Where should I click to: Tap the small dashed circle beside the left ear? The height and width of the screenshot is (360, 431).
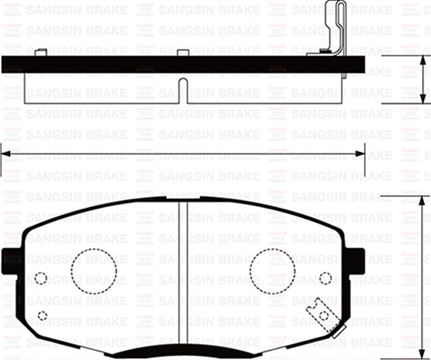pyautogui.click(x=40, y=278)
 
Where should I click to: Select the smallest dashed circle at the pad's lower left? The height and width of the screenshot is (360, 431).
pyautogui.click(x=42, y=315)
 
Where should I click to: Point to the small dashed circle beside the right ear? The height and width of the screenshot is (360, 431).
pyautogui.click(x=326, y=278)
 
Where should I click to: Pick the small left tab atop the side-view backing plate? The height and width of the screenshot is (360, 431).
pyautogui.click(x=41, y=51)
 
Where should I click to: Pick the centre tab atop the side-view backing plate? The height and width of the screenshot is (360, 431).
pyautogui.click(x=183, y=52)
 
